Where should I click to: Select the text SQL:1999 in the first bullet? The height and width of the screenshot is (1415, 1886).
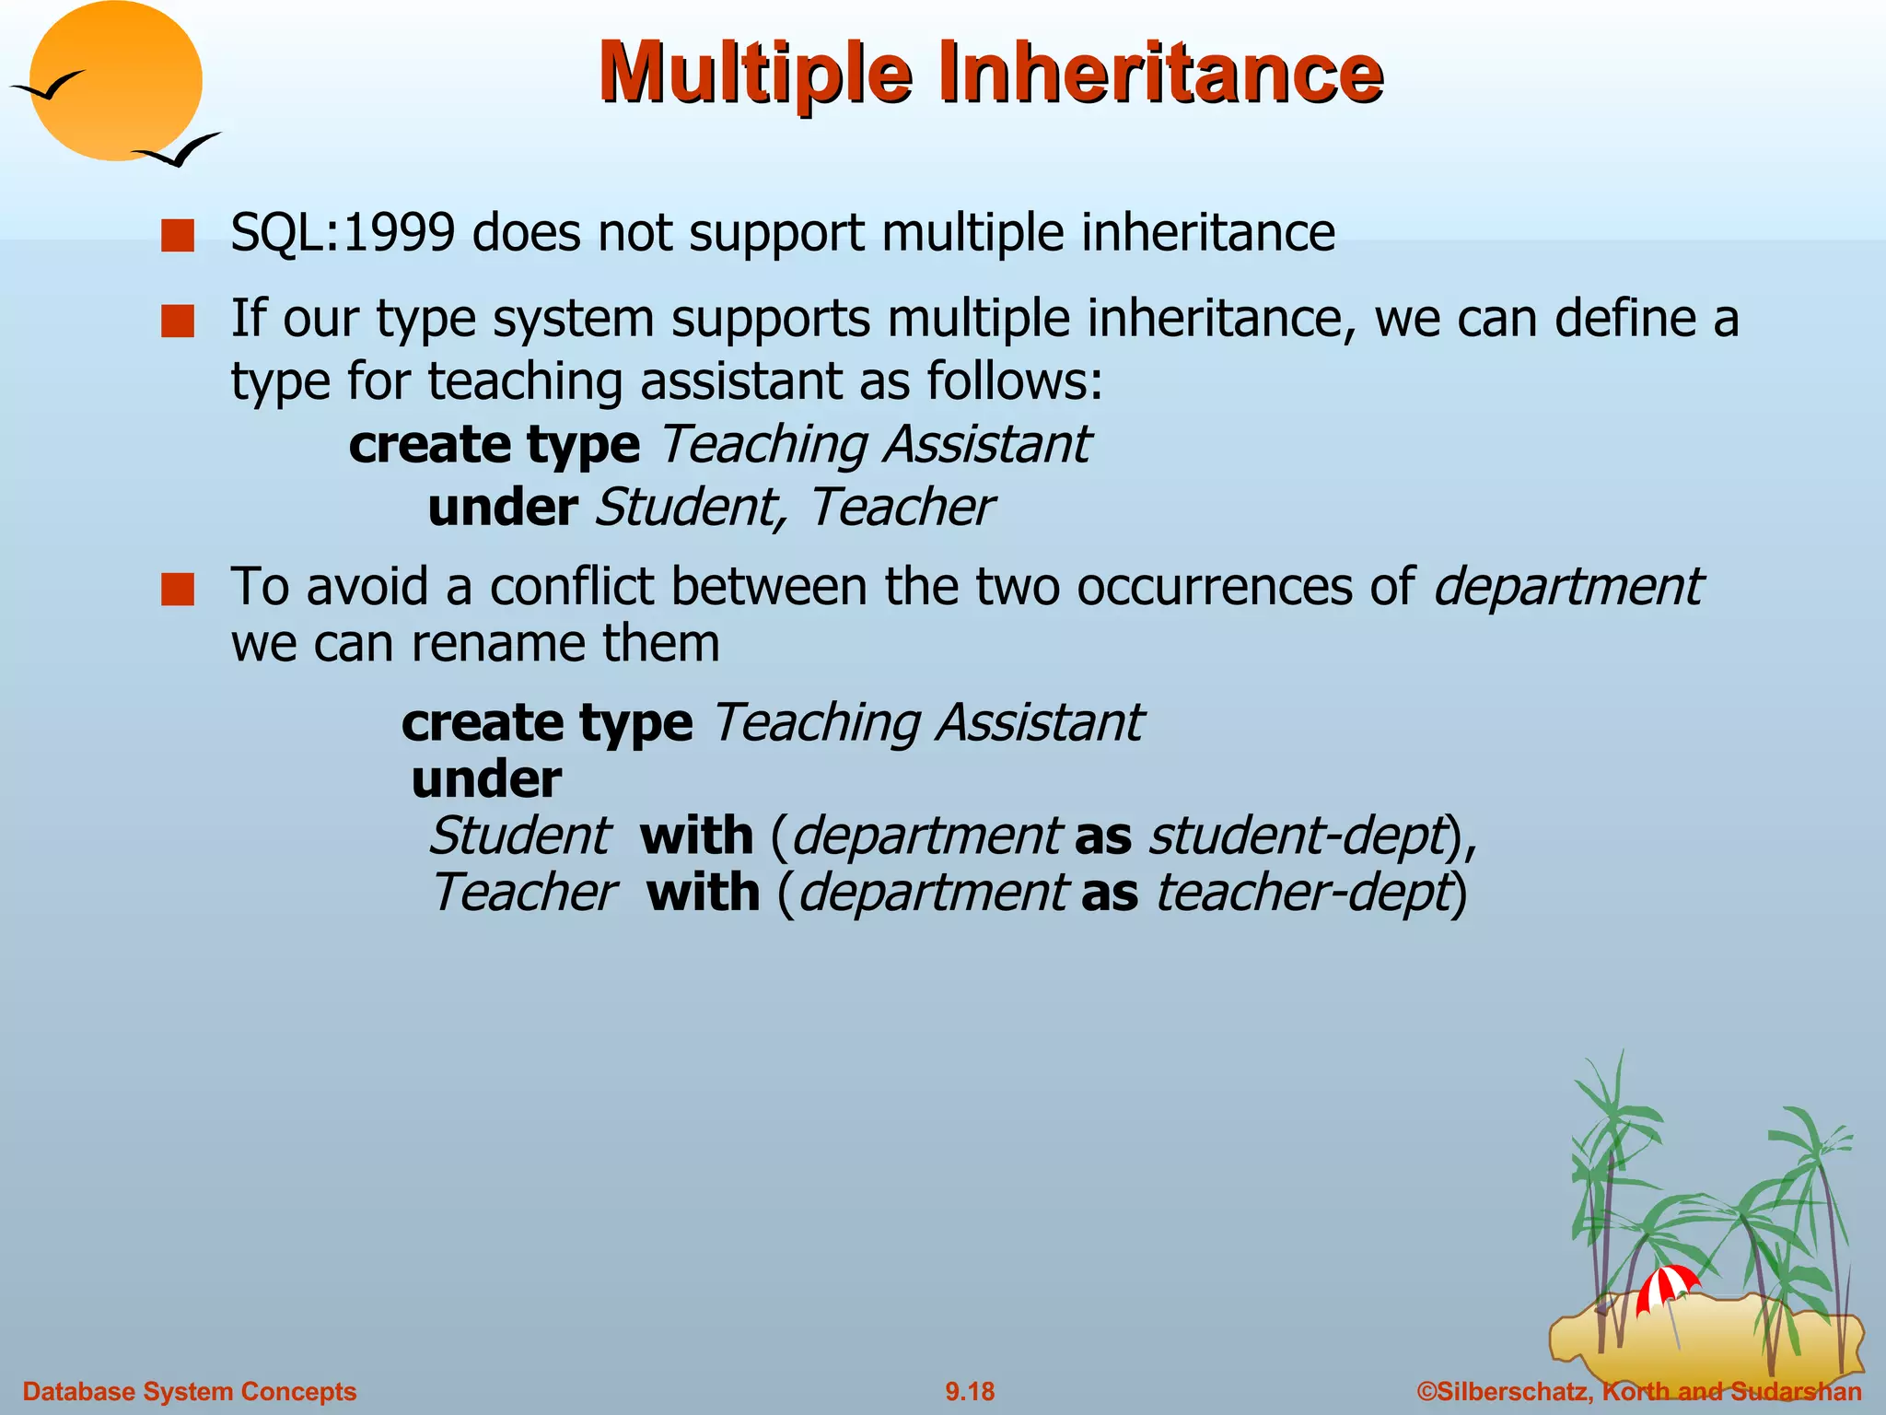click(x=342, y=232)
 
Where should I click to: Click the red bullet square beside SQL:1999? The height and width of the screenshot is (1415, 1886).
click(x=177, y=235)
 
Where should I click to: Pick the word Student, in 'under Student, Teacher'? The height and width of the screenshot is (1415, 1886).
click(x=691, y=507)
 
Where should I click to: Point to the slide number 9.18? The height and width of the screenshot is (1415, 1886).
click(x=970, y=1391)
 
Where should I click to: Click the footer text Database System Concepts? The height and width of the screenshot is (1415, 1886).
click(x=189, y=1391)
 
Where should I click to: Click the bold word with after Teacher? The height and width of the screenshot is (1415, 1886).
click(x=703, y=893)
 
